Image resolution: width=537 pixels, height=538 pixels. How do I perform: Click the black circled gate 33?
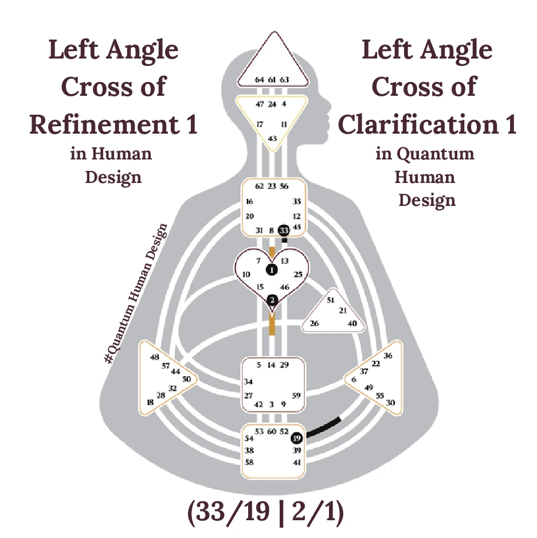pyautogui.click(x=283, y=230)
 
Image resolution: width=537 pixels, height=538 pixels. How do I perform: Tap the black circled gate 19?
pyautogui.click(x=297, y=438)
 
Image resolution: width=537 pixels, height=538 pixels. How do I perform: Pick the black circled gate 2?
pyautogui.click(x=272, y=299)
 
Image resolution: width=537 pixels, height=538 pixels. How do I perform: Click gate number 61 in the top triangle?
pyautogui.click(x=272, y=80)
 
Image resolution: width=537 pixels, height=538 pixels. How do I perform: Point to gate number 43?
pyautogui.click(x=272, y=138)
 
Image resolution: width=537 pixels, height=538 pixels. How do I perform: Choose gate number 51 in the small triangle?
pyautogui.click(x=330, y=300)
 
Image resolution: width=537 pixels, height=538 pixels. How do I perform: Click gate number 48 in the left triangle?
pyautogui.click(x=155, y=357)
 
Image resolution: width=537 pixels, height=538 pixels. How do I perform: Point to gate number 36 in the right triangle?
pyautogui.click(x=388, y=356)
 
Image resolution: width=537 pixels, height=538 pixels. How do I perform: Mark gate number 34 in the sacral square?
pyautogui.click(x=249, y=381)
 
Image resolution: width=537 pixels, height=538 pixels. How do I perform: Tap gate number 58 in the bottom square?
pyautogui.click(x=249, y=462)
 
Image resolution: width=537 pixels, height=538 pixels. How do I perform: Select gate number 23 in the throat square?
pyautogui.click(x=272, y=186)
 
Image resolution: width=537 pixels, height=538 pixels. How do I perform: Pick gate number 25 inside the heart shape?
pyautogui.click(x=297, y=275)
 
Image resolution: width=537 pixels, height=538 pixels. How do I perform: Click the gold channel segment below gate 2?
pyautogui.click(x=272, y=325)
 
